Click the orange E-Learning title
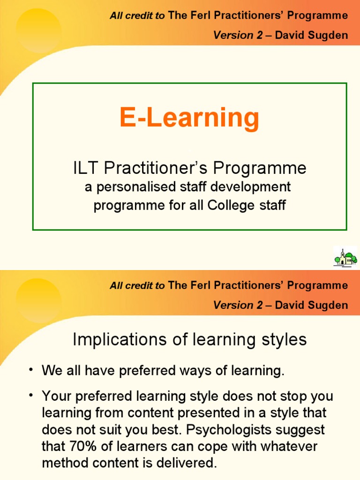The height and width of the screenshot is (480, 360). [x=189, y=118]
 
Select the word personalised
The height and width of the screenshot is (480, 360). [x=132, y=187]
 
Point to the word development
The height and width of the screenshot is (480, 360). [x=253, y=187]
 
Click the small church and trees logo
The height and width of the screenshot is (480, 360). [x=345, y=257]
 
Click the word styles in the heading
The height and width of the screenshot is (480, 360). [x=283, y=340]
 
